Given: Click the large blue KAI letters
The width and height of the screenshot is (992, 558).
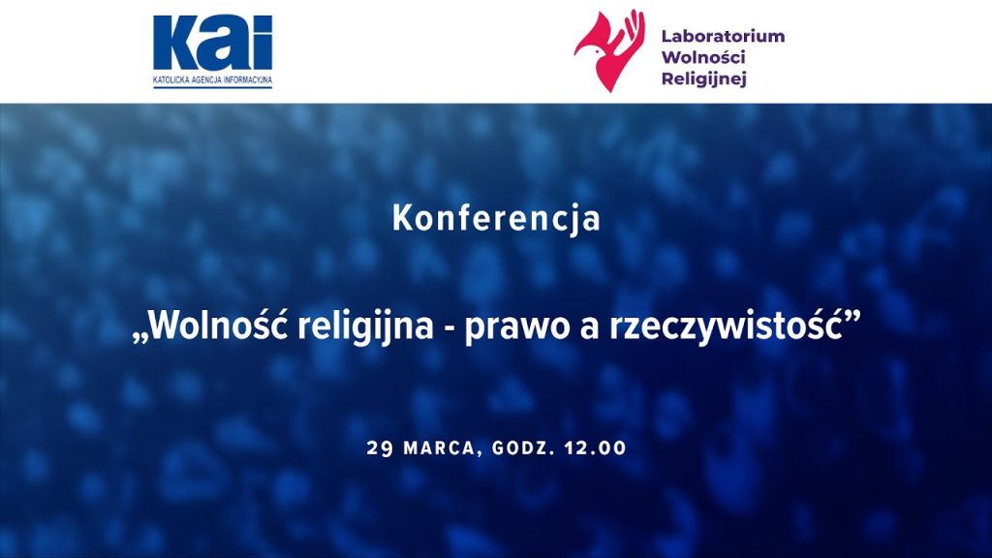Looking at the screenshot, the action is point(212,43).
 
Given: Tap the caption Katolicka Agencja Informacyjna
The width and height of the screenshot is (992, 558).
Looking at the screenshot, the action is point(212,80).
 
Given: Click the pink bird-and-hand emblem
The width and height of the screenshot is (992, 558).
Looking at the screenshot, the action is point(609,50).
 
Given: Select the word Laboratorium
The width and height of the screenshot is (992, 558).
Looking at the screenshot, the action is point(723,36).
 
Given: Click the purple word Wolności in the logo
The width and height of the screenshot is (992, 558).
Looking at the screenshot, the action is point(703,57).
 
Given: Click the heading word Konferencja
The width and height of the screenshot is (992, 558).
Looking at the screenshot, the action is point(496,219).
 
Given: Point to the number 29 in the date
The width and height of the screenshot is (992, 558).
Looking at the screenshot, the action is point(380,449).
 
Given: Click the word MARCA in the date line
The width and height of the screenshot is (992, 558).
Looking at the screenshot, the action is point(439,449).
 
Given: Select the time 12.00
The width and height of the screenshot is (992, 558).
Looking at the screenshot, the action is point(596,449).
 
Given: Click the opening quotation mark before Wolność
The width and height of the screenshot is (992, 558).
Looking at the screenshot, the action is point(139,339).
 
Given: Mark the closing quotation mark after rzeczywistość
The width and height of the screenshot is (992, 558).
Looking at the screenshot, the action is point(853,315).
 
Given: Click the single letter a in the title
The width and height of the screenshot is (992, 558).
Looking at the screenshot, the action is point(590,330).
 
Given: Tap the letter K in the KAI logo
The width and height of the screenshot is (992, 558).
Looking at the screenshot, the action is point(177,43).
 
